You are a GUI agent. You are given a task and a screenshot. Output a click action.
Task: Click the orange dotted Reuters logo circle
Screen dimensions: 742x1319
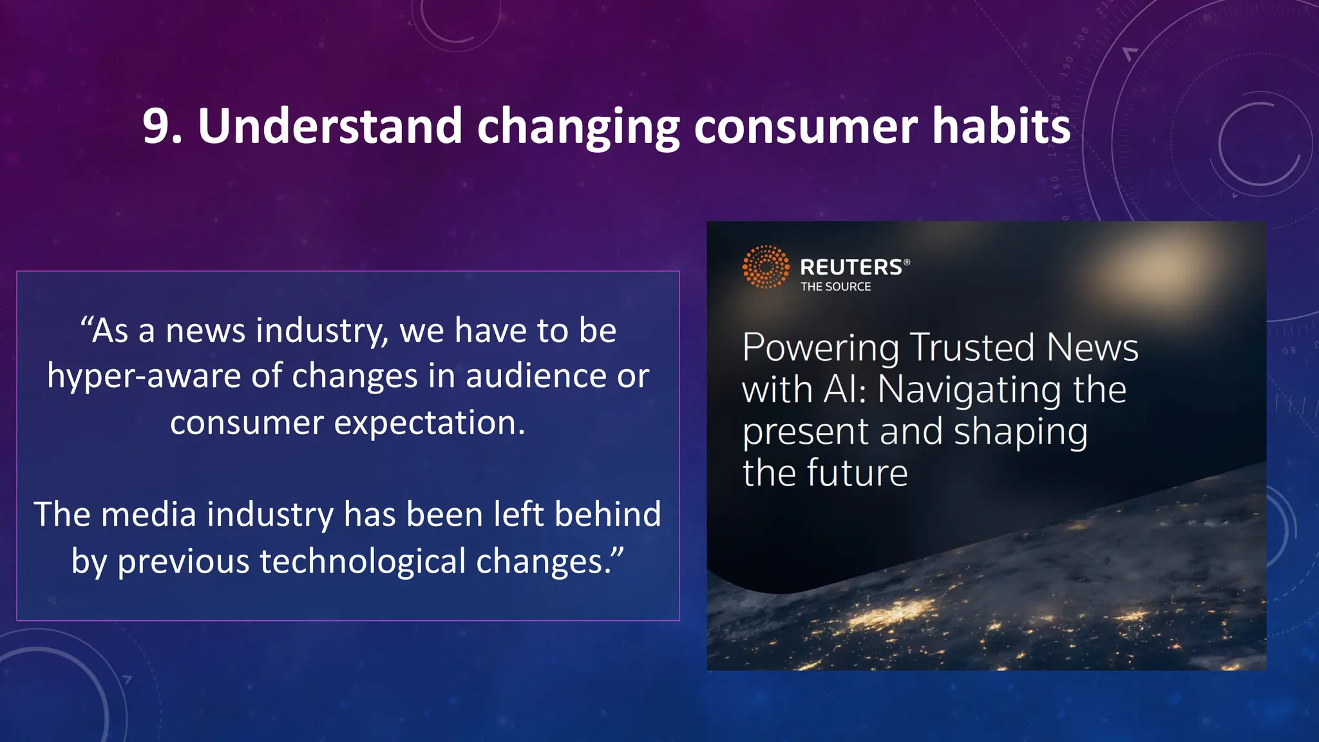coord(765,267)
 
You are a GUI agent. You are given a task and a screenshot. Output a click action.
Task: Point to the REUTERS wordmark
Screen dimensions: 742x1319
coord(851,267)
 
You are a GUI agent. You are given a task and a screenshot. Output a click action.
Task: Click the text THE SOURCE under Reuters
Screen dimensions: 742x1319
coord(835,287)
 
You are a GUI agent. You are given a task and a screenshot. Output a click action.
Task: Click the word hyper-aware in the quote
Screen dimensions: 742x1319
coord(144,376)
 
